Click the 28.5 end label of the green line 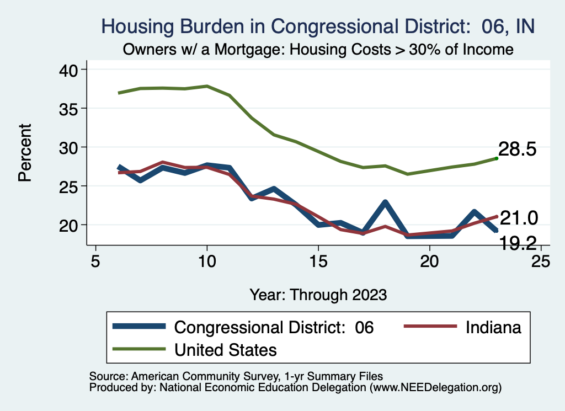click(x=518, y=149)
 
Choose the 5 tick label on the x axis click(x=95, y=261)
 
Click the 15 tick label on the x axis click(x=318, y=261)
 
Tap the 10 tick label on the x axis click(x=206, y=261)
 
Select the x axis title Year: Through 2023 click(x=318, y=294)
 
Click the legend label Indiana click(x=493, y=327)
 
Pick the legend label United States click(x=226, y=349)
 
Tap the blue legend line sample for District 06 click(x=138, y=327)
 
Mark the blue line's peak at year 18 click(x=385, y=202)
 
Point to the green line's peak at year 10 click(x=207, y=86)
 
